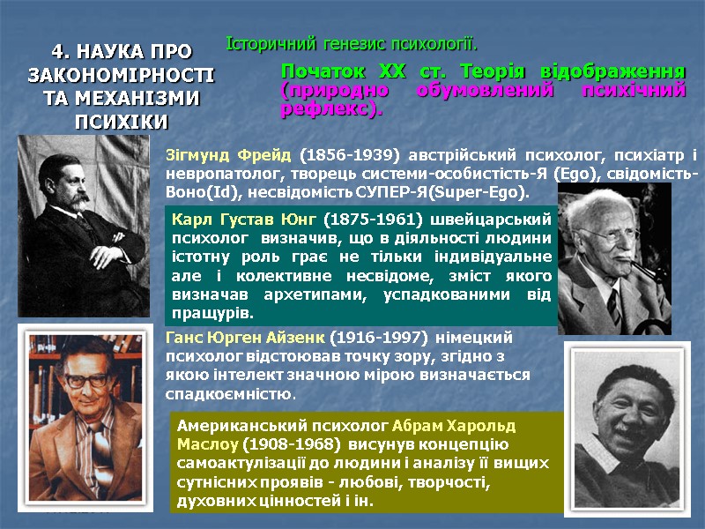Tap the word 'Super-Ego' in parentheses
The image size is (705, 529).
(487, 191)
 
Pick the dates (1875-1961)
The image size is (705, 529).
(368, 219)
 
